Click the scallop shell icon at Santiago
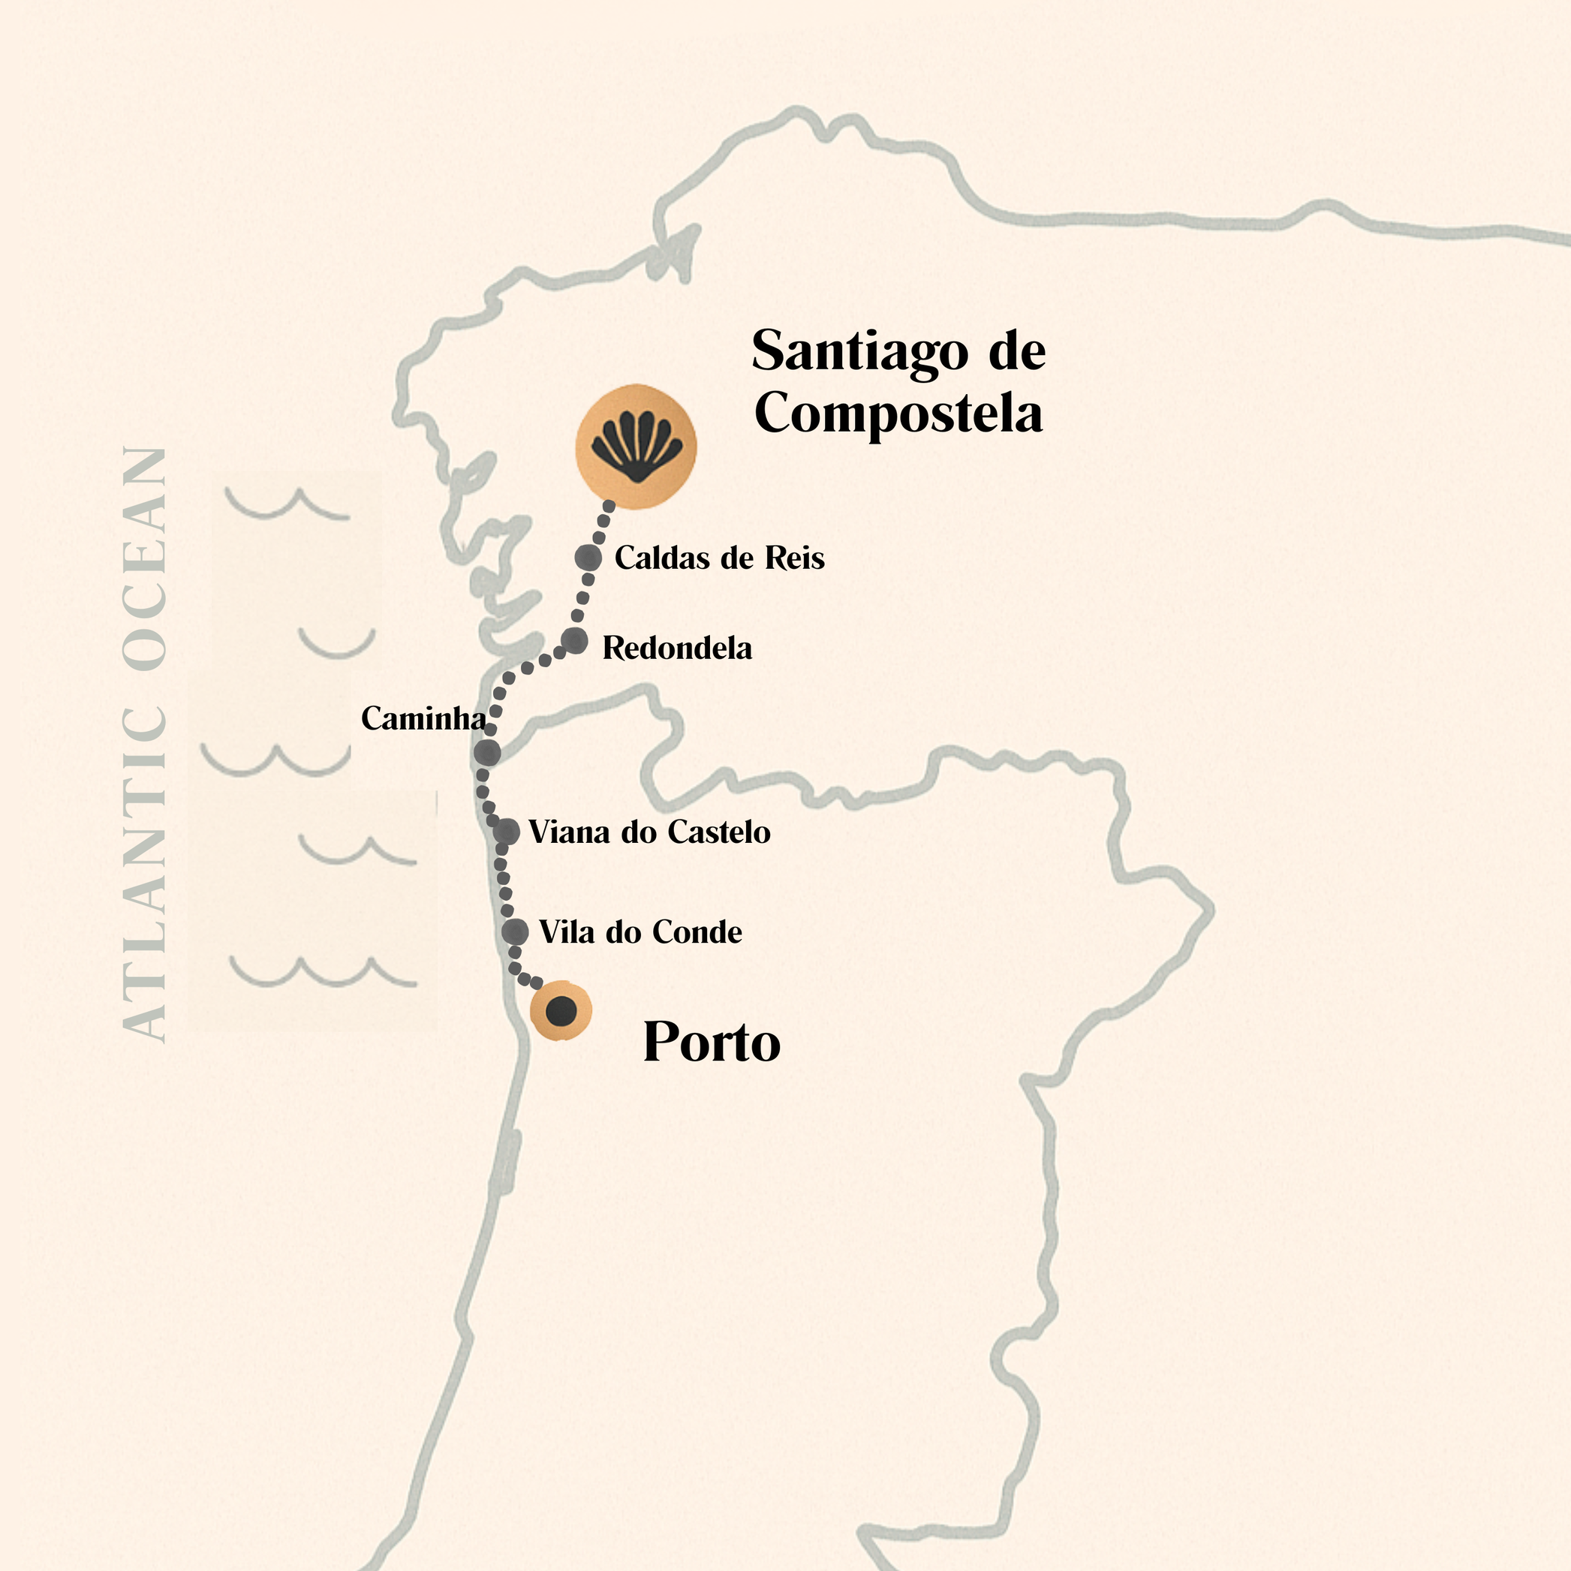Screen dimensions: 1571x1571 tap(636, 447)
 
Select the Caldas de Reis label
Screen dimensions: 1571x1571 tap(719, 558)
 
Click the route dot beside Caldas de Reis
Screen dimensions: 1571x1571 tap(588, 558)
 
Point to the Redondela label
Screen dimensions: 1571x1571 tap(676, 648)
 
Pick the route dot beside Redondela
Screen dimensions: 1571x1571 tap(574, 641)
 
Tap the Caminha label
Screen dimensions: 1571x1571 tap(423, 718)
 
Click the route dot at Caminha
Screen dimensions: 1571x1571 tap(487, 752)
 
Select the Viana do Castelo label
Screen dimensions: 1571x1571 tap(649, 832)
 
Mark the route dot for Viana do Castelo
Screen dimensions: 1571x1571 tap(507, 831)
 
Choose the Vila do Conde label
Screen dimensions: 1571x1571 tap(640, 932)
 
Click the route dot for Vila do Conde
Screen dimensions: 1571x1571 tap(515, 931)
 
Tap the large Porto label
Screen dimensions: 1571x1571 tap(712, 1042)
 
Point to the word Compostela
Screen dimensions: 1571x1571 tap(898, 413)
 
